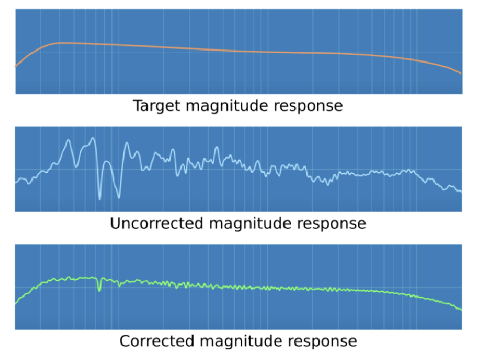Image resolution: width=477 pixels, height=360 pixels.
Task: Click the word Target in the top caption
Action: click(x=157, y=106)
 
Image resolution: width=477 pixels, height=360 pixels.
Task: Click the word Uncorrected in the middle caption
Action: click(x=156, y=223)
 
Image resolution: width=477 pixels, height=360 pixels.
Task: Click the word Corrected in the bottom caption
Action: click(x=157, y=341)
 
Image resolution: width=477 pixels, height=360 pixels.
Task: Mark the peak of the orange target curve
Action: click(x=59, y=43)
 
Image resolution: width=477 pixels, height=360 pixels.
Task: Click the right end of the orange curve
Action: click(x=460, y=73)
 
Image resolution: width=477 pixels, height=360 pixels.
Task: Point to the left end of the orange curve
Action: click(x=16, y=66)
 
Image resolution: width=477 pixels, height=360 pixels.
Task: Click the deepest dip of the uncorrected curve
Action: click(x=100, y=199)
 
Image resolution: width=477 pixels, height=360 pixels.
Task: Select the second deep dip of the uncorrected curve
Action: click(x=119, y=198)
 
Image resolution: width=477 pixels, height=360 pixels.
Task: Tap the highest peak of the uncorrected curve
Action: click(x=93, y=138)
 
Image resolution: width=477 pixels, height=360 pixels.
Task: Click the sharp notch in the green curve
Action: click(x=99, y=291)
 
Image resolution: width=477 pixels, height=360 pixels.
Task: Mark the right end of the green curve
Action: click(x=461, y=310)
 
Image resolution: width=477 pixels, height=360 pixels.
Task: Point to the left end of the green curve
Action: click(x=16, y=303)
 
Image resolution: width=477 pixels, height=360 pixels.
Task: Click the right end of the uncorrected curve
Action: click(x=461, y=192)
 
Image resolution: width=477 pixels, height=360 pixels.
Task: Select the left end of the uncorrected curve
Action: click(x=16, y=182)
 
